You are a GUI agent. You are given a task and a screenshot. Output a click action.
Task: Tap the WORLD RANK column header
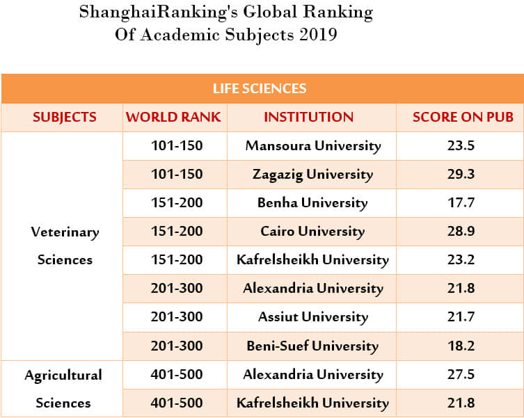[x=173, y=118]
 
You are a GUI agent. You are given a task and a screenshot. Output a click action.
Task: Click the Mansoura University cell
[x=313, y=146]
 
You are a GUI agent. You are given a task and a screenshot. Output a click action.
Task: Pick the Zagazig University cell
[x=313, y=175]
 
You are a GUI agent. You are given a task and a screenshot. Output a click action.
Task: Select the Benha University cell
[x=312, y=203]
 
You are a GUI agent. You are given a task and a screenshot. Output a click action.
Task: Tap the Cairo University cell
[x=312, y=232]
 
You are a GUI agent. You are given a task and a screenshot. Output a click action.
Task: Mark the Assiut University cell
[x=312, y=317]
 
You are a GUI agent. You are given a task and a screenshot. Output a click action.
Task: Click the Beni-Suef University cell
[x=312, y=346]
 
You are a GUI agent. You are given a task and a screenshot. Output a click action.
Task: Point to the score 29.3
[x=461, y=175]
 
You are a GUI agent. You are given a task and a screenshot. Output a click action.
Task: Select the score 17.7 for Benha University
[x=461, y=203]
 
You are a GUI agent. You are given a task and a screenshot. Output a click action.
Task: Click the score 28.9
[x=461, y=232]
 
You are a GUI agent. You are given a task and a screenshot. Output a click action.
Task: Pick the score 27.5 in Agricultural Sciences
[x=461, y=374]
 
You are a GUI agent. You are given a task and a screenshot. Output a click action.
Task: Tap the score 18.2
[x=461, y=346]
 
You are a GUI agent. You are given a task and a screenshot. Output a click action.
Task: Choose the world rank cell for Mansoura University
[x=177, y=146]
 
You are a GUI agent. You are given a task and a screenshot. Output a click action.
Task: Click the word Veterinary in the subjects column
[x=65, y=232]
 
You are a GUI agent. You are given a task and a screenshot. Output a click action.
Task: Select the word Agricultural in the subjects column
[x=63, y=375]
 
